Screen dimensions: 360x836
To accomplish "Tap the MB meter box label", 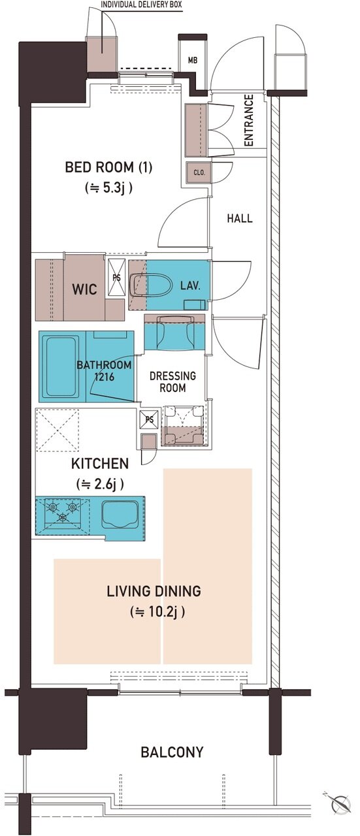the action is (x=192, y=59).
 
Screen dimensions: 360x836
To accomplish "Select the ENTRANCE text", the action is (x=248, y=120).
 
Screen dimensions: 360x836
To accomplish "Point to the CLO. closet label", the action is (x=199, y=173).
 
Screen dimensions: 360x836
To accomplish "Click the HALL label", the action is (x=240, y=218).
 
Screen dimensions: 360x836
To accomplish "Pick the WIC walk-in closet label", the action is (x=84, y=289).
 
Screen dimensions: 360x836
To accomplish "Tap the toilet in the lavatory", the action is (x=150, y=286).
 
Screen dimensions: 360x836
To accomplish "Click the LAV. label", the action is (x=190, y=286).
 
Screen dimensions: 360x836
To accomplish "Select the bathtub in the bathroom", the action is (x=61, y=367).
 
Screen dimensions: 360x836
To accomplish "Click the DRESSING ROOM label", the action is (x=172, y=381).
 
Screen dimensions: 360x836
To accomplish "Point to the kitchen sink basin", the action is (x=120, y=513).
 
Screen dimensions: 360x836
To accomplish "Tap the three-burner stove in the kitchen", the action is (x=62, y=513).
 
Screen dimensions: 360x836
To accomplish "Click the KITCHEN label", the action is (x=100, y=464).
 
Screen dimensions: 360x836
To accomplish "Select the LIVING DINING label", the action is (x=154, y=591).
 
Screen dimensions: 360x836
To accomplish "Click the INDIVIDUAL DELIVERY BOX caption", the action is (x=142, y=5).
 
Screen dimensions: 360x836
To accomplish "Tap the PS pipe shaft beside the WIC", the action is (x=116, y=278).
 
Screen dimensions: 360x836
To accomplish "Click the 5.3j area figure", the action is (x=108, y=187).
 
